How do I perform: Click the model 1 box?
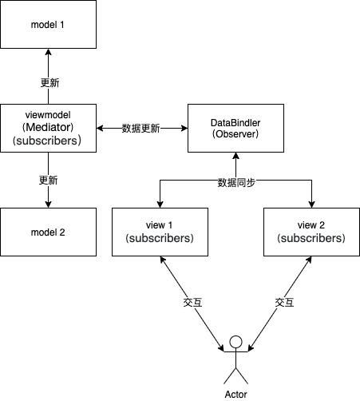click(x=48, y=24)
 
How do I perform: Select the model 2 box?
click(x=48, y=232)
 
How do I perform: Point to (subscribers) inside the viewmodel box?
click(x=48, y=141)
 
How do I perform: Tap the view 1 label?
click(x=160, y=225)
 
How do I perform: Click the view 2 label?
click(x=311, y=225)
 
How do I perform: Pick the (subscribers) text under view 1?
click(x=160, y=239)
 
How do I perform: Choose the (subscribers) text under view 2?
click(x=311, y=239)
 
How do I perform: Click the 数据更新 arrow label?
click(x=140, y=129)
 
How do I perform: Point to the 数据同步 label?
click(x=236, y=182)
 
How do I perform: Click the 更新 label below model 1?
click(x=49, y=83)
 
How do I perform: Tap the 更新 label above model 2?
click(x=49, y=179)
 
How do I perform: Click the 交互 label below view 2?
click(x=285, y=304)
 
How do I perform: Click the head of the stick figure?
click(x=235, y=343)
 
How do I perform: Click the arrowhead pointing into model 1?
click(x=48, y=53)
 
